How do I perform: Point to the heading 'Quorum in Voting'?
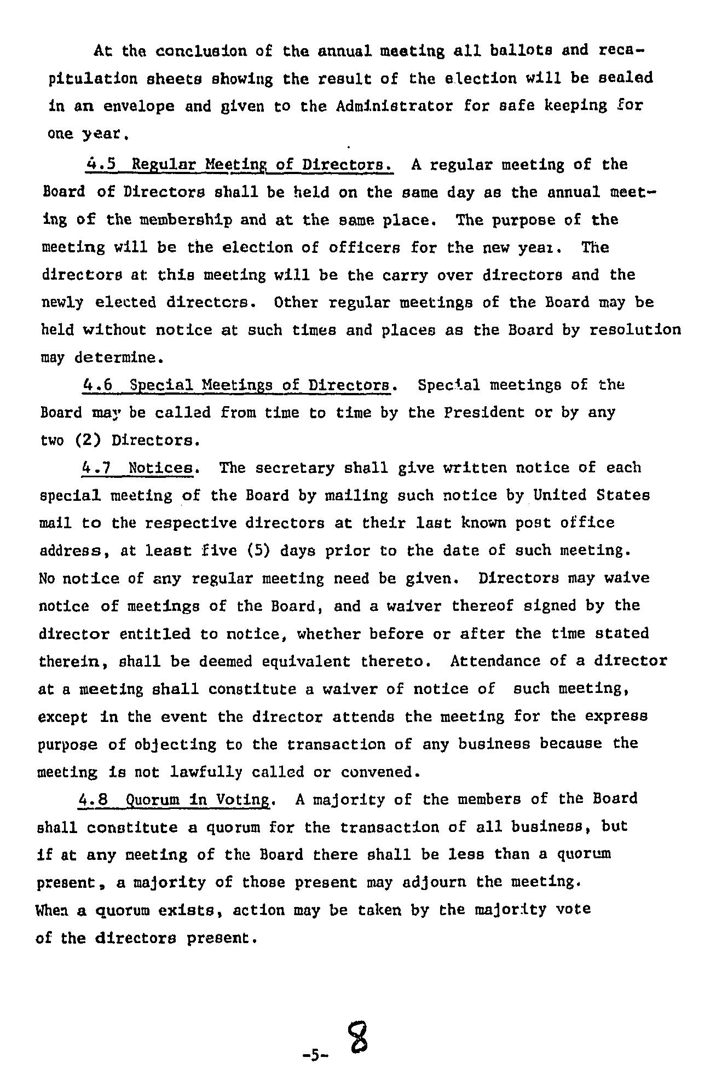[198, 799]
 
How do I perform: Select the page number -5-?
[314, 1054]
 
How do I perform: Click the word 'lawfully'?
[206, 772]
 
